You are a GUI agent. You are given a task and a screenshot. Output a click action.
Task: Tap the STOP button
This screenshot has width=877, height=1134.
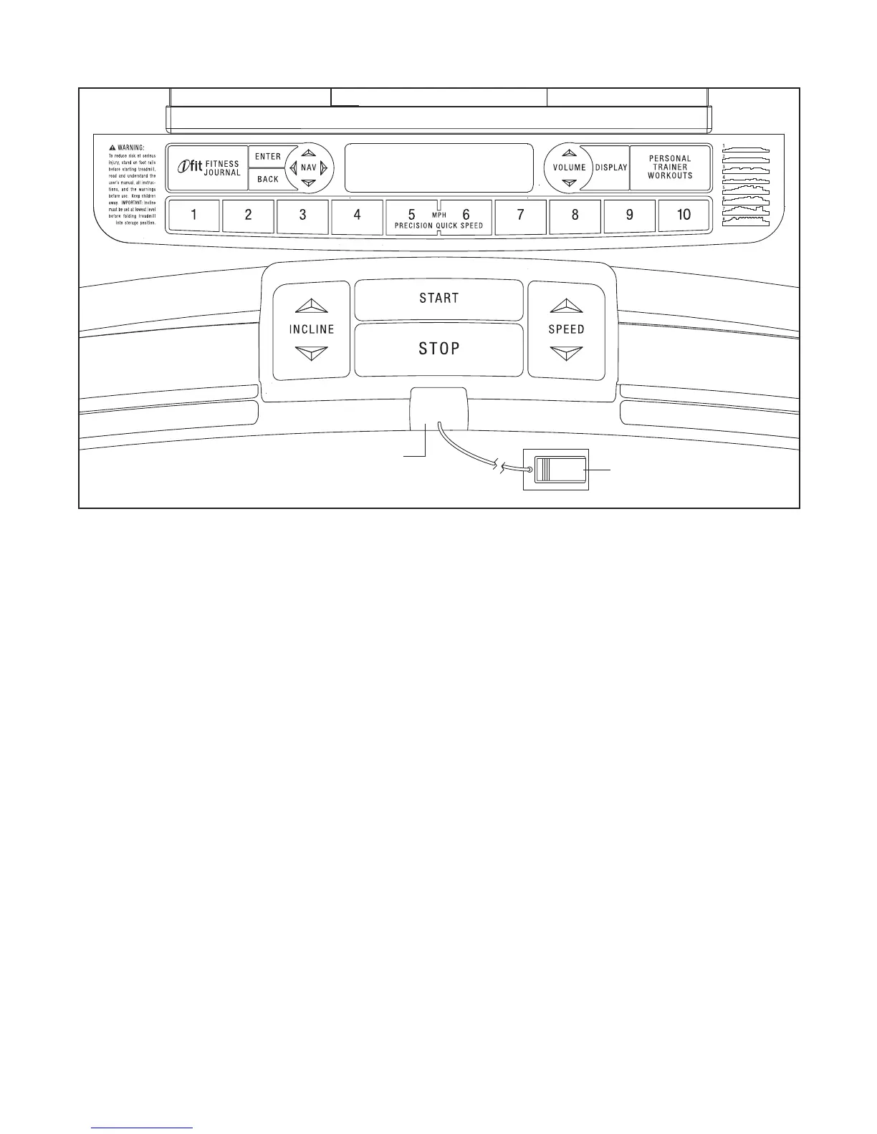438,349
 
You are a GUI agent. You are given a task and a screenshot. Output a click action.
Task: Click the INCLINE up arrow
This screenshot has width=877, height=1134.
311,306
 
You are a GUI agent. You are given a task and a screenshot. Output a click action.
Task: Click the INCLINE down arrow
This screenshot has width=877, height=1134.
311,353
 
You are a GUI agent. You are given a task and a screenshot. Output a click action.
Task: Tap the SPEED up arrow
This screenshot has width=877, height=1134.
566,306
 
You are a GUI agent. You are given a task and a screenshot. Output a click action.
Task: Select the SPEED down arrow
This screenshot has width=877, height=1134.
566,353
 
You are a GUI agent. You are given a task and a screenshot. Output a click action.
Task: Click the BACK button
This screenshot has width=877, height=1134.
267,179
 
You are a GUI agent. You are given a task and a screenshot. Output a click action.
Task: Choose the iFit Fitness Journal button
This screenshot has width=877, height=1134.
208,168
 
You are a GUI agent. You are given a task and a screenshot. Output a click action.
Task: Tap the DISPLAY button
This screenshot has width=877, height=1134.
611,168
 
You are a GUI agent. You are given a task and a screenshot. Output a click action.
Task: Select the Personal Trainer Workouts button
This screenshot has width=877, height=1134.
670,168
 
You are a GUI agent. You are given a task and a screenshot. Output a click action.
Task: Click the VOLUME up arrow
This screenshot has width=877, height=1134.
570,152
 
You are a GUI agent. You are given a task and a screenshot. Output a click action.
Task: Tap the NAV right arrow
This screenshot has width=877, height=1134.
324,168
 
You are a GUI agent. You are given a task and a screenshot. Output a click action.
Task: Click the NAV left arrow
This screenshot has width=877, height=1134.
293,168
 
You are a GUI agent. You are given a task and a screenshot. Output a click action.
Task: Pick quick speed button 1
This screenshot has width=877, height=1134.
194,215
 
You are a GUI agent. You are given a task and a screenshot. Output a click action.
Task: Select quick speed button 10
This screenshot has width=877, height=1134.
684,215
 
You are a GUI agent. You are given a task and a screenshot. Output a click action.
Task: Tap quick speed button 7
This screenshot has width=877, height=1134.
520,215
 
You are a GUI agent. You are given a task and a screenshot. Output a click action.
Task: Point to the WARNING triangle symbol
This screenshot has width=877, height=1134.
112,147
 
